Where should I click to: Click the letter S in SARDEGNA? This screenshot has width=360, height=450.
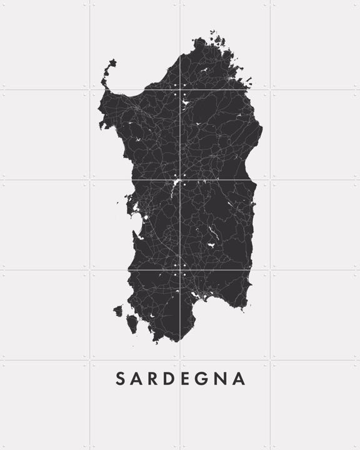(120, 379)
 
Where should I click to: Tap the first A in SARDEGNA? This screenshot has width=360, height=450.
(137, 379)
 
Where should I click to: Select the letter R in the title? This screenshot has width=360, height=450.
(154, 379)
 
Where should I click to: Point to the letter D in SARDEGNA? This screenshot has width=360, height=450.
(172, 379)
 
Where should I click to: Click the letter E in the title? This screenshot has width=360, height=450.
(189, 379)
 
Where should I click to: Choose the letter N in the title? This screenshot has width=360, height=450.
(223, 379)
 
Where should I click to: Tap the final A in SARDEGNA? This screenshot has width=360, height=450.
(240, 379)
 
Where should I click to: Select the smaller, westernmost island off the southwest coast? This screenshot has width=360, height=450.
(117, 310)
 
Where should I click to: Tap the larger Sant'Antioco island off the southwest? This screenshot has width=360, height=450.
(132, 324)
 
